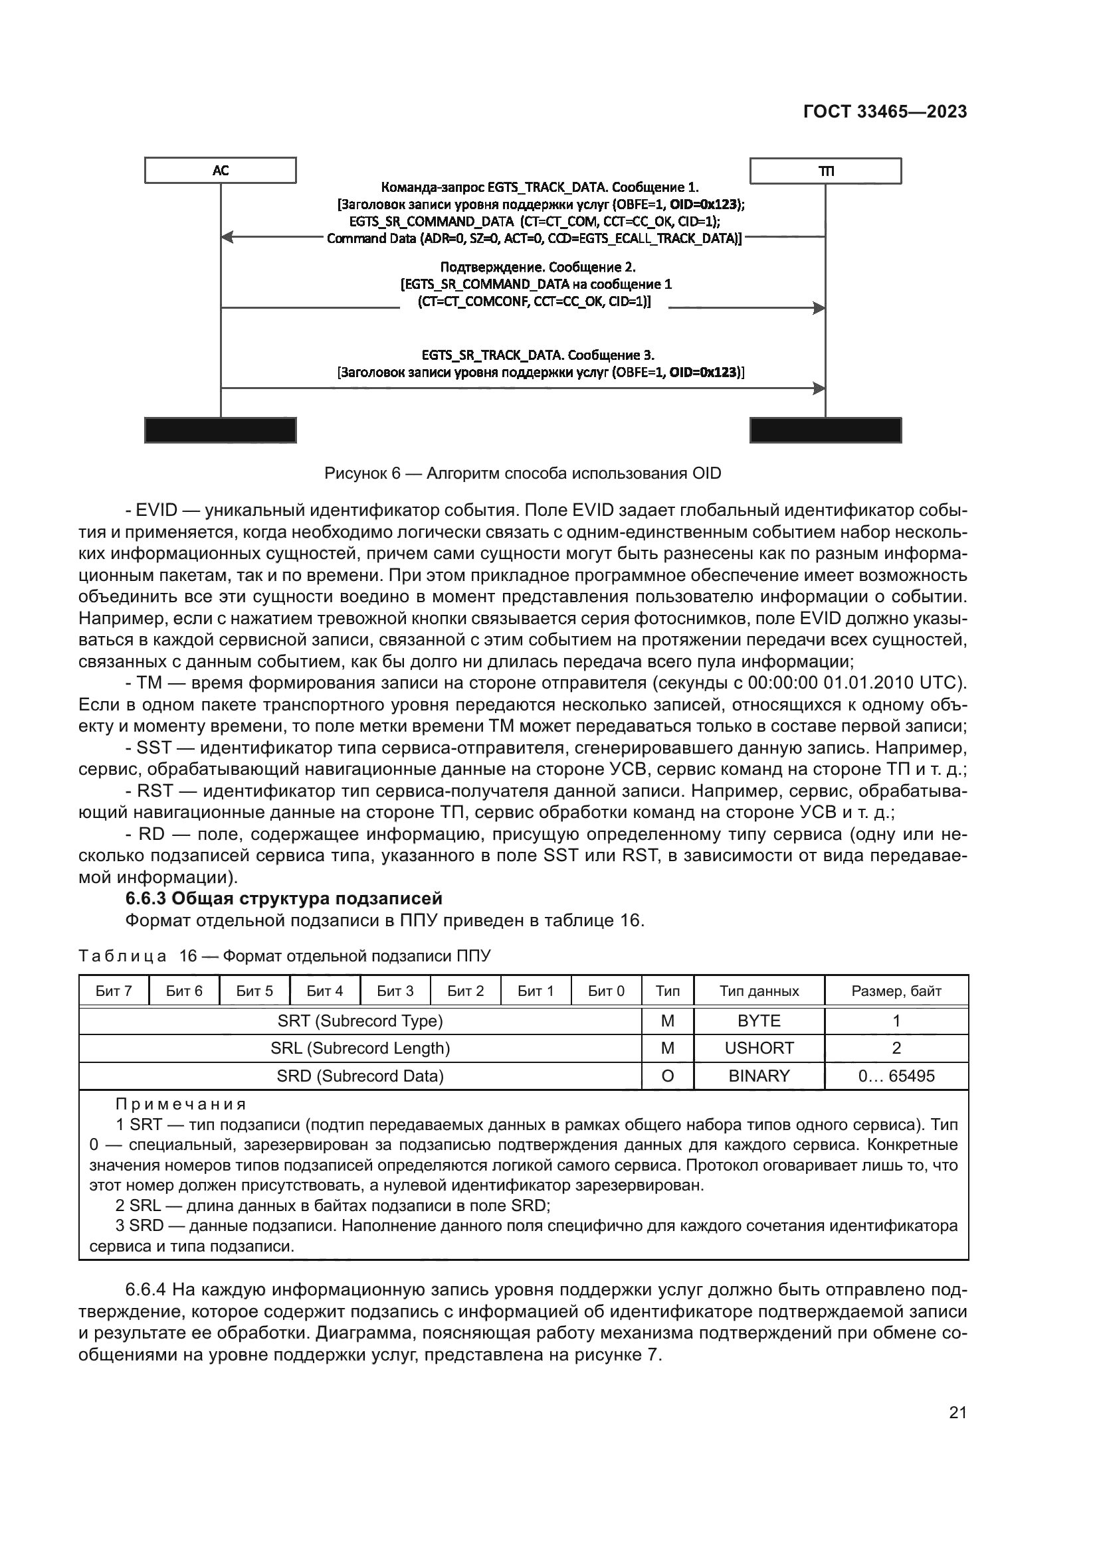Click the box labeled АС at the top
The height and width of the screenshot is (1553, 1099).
click(x=220, y=170)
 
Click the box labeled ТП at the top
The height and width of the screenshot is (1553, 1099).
click(x=825, y=171)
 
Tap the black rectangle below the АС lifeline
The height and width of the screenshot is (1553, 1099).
click(x=220, y=430)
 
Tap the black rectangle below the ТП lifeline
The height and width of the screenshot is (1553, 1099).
click(x=825, y=430)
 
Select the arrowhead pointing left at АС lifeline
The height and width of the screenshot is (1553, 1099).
click(x=227, y=237)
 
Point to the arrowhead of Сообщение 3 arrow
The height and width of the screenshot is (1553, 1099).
click(x=819, y=388)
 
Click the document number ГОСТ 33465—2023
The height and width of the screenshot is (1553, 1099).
click(x=884, y=112)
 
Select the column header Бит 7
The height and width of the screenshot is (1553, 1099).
click(x=114, y=991)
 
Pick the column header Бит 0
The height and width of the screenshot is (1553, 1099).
click(x=606, y=991)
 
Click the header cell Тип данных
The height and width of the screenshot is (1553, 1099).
click(x=759, y=991)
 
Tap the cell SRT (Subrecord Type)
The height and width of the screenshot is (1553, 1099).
click(x=360, y=1021)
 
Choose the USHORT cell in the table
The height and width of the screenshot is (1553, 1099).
click(x=759, y=1048)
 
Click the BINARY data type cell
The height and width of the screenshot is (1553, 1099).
click(x=759, y=1076)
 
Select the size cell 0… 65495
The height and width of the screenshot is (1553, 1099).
click(x=896, y=1076)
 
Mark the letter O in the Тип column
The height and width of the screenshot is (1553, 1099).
click(x=667, y=1076)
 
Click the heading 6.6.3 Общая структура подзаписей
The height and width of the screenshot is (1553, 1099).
click(x=284, y=899)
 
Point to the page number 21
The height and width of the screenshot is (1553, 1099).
click(x=957, y=1412)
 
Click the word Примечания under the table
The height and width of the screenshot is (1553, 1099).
click(x=181, y=1105)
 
